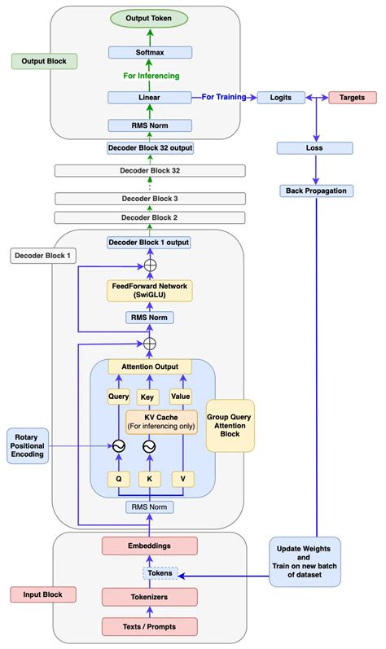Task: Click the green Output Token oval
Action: point(150,17)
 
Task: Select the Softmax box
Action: point(150,52)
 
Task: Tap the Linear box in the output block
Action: point(150,97)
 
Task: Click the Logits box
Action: point(281,97)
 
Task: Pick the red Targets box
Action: point(352,97)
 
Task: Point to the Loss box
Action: point(314,148)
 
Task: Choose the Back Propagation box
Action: point(314,190)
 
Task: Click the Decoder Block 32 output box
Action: point(150,148)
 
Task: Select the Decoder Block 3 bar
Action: point(150,199)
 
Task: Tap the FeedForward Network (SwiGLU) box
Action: point(150,290)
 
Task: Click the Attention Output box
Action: point(150,366)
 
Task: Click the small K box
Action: point(150,480)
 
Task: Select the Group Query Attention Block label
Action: point(230,424)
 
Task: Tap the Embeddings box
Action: point(150,545)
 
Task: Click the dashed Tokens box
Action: point(150,574)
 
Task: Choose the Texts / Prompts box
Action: point(150,625)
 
